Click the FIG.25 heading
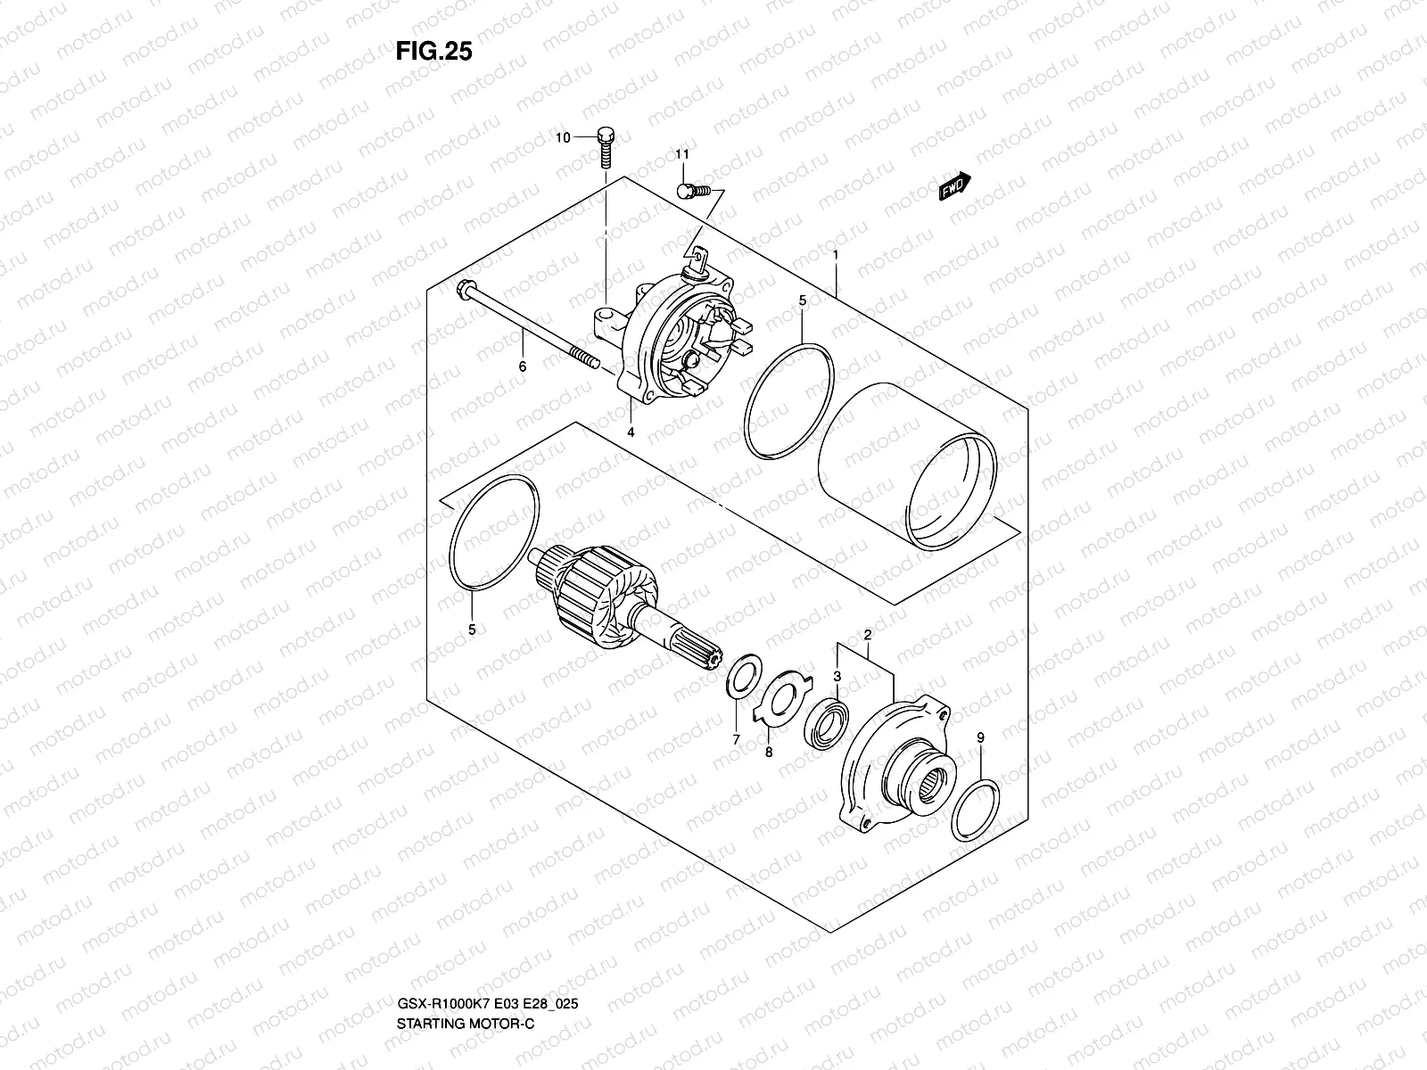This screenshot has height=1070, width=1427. [433, 52]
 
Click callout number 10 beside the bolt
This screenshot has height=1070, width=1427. [563, 137]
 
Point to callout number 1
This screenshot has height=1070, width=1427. [836, 255]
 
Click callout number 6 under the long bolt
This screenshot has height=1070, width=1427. [523, 366]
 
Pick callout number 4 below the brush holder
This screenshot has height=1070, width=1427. [630, 432]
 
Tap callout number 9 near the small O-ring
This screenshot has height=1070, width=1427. [980, 737]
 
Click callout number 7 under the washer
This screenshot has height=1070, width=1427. [737, 739]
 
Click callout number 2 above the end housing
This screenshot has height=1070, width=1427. [866, 635]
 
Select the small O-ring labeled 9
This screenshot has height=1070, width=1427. [975, 810]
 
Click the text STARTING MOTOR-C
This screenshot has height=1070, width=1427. [465, 973]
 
